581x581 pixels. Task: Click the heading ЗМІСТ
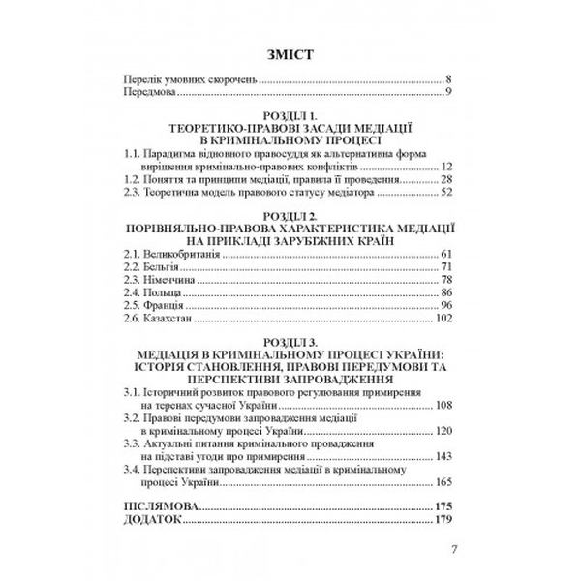tap(290, 52)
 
